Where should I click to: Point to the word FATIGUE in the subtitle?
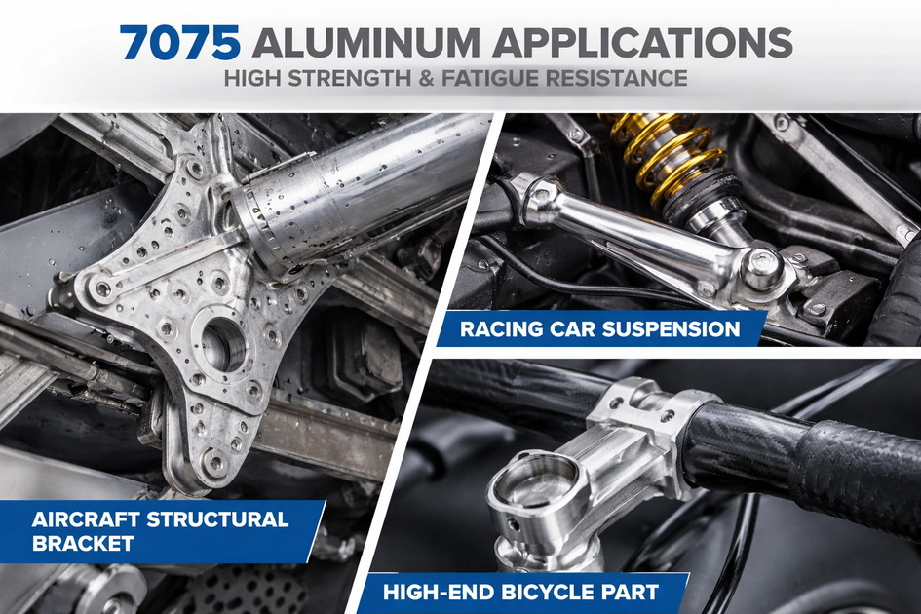[x=510, y=78]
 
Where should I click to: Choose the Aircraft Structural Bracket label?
[x=161, y=531]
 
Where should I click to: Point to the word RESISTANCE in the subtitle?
[x=630, y=78]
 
